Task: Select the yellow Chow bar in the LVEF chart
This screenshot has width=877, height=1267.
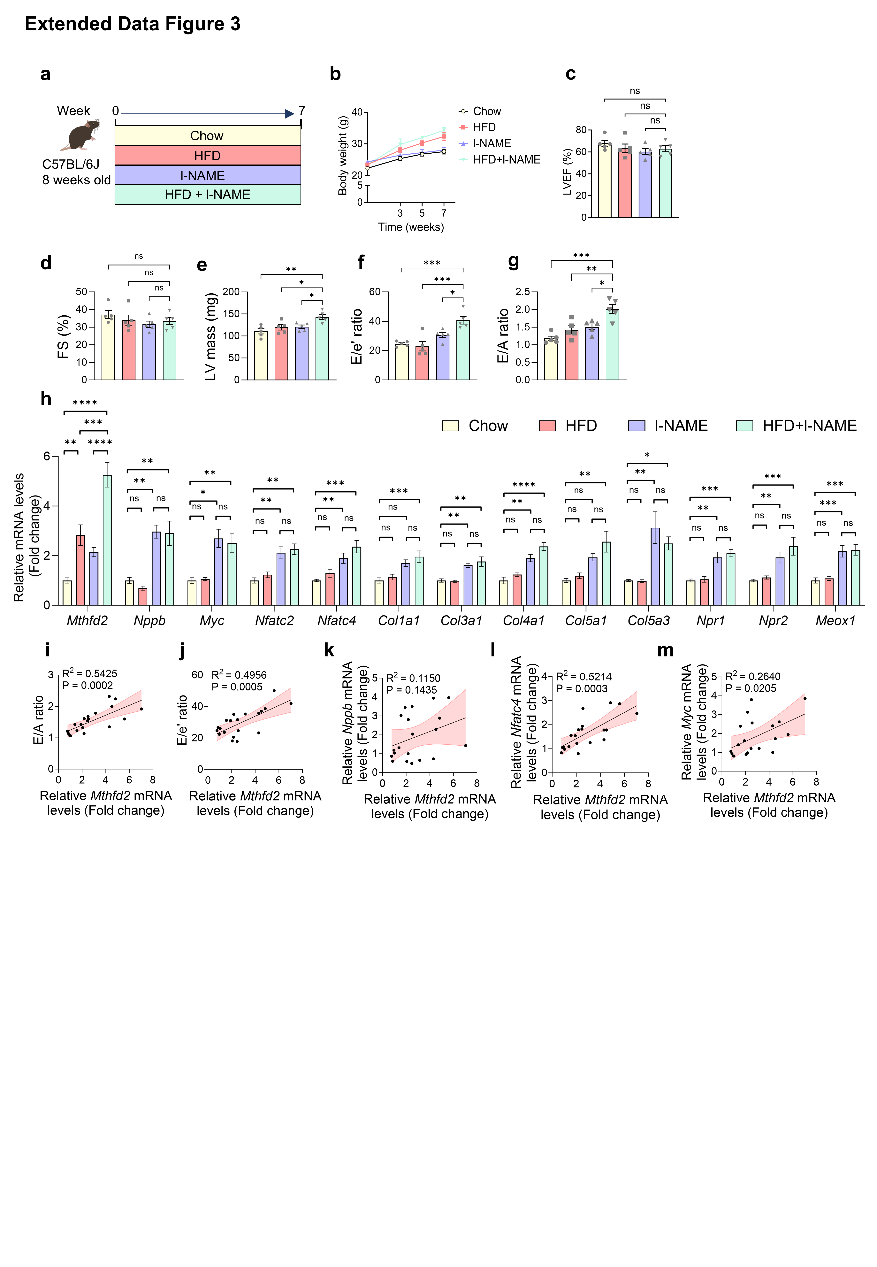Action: pyautogui.click(x=605, y=181)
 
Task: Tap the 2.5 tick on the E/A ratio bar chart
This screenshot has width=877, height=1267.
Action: pyautogui.click(x=522, y=292)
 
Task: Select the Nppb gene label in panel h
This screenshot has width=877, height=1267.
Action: pyautogui.click(x=149, y=621)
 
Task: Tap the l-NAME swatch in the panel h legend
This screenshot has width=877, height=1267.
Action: pyautogui.click(x=636, y=426)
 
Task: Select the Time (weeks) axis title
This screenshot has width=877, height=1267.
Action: pyautogui.click(x=410, y=227)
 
